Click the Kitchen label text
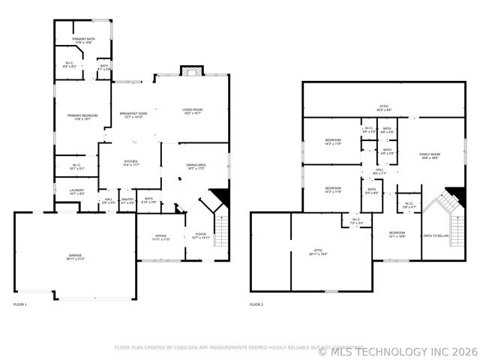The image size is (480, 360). click(x=130, y=163)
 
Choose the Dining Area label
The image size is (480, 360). click(x=196, y=166)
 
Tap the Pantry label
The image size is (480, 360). click(x=127, y=200)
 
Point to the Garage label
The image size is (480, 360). click(x=75, y=257)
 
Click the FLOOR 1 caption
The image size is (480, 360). click(x=20, y=304)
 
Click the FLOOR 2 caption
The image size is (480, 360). click(x=257, y=304)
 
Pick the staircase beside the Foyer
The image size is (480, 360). click(x=220, y=225)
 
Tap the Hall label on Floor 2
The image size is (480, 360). click(x=379, y=172)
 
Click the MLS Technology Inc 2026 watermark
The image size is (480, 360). click(x=397, y=351)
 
